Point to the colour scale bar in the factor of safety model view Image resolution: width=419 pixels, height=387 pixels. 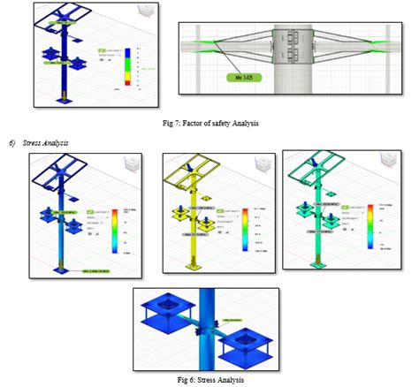tap(127, 67)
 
